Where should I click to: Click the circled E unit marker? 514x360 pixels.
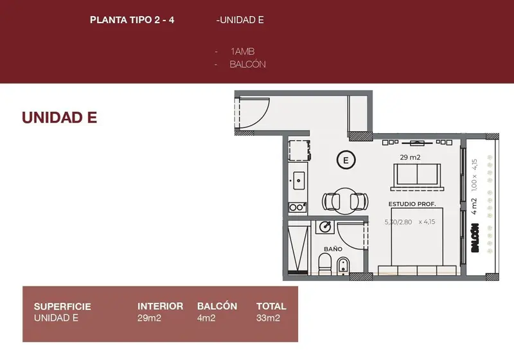[346, 160]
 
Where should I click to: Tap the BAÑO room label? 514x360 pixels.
[333, 249]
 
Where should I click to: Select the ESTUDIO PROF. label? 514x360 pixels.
[412, 204]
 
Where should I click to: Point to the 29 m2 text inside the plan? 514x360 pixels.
[410, 157]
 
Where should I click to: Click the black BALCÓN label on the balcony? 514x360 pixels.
[475, 238]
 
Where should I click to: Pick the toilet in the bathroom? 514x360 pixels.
[325, 265]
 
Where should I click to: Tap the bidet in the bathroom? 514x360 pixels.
[343, 265]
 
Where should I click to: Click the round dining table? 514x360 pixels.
[345, 201]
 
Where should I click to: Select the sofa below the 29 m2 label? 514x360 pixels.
[417, 176]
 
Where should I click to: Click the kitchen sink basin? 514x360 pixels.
[299, 181]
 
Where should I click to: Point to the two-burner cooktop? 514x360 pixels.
[297, 207]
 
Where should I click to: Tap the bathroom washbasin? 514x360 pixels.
[325, 226]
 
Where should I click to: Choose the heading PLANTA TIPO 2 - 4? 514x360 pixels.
[132, 20]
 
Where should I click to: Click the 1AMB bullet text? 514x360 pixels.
[243, 51]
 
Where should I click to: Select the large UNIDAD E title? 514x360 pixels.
[59, 118]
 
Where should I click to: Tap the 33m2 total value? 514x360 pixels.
[268, 318]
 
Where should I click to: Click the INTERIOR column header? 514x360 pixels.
[160, 306]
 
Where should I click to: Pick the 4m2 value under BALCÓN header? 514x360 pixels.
[206, 318]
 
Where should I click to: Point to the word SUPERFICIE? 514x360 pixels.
[62, 307]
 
